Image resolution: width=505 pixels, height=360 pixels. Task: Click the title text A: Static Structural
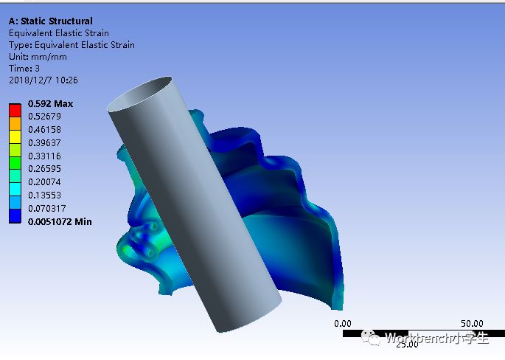click(x=51, y=21)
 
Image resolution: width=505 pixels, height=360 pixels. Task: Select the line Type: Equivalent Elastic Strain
click(x=72, y=45)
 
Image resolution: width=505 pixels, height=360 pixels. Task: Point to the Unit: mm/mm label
click(x=38, y=57)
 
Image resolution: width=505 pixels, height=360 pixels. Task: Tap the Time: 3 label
click(x=24, y=69)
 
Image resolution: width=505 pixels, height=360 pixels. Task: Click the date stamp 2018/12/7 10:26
click(x=43, y=80)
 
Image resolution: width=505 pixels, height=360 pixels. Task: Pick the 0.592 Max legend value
click(x=50, y=104)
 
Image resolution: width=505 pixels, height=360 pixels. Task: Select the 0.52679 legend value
click(x=44, y=117)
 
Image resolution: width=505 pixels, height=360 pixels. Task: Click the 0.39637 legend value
click(x=44, y=143)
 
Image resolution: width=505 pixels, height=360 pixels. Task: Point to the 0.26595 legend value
click(x=44, y=169)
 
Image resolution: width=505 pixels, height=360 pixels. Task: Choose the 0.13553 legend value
click(x=44, y=195)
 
